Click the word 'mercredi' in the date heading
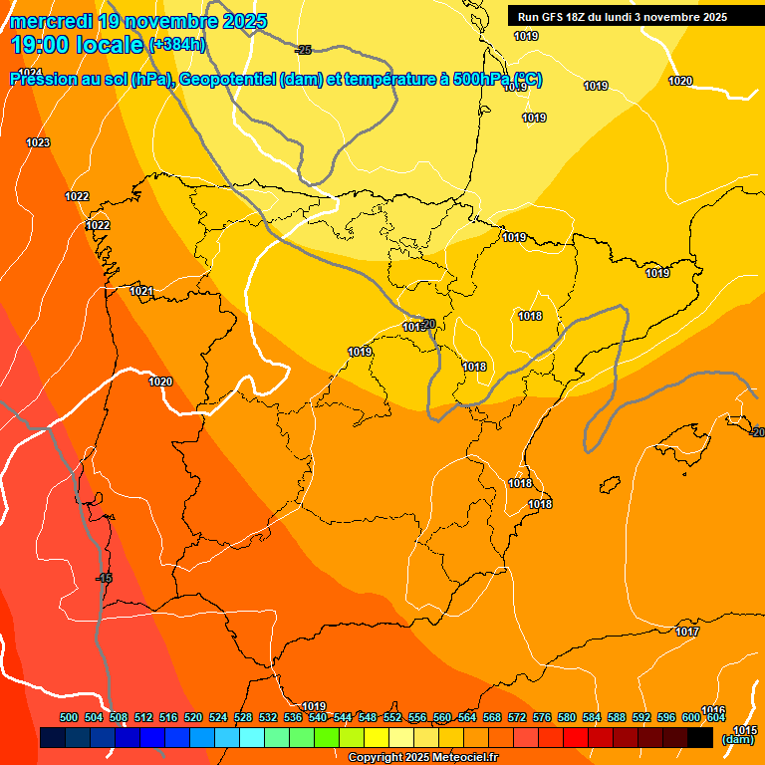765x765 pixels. [x=50, y=21]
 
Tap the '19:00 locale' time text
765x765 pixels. [x=78, y=45]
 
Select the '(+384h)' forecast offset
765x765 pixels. [x=176, y=45]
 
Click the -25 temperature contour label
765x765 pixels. [x=304, y=50]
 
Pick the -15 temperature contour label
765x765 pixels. [x=104, y=579]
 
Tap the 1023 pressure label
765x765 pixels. [x=38, y=143]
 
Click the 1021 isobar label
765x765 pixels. [x=141, y=292]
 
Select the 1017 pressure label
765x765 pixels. [x=686, y=633]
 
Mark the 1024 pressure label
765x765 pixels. [x=30, y=73]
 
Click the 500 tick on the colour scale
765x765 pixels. [x=69, y=717]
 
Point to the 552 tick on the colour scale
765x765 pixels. [x=392, y=717]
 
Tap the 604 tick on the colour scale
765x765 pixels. [x=715, y=717]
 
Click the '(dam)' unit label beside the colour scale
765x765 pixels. [x=738, y=739]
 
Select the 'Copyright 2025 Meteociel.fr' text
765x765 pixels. [x=423, y=758]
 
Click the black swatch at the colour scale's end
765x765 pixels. [x=699, y=737]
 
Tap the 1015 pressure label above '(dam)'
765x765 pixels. [x=745, y=730]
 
